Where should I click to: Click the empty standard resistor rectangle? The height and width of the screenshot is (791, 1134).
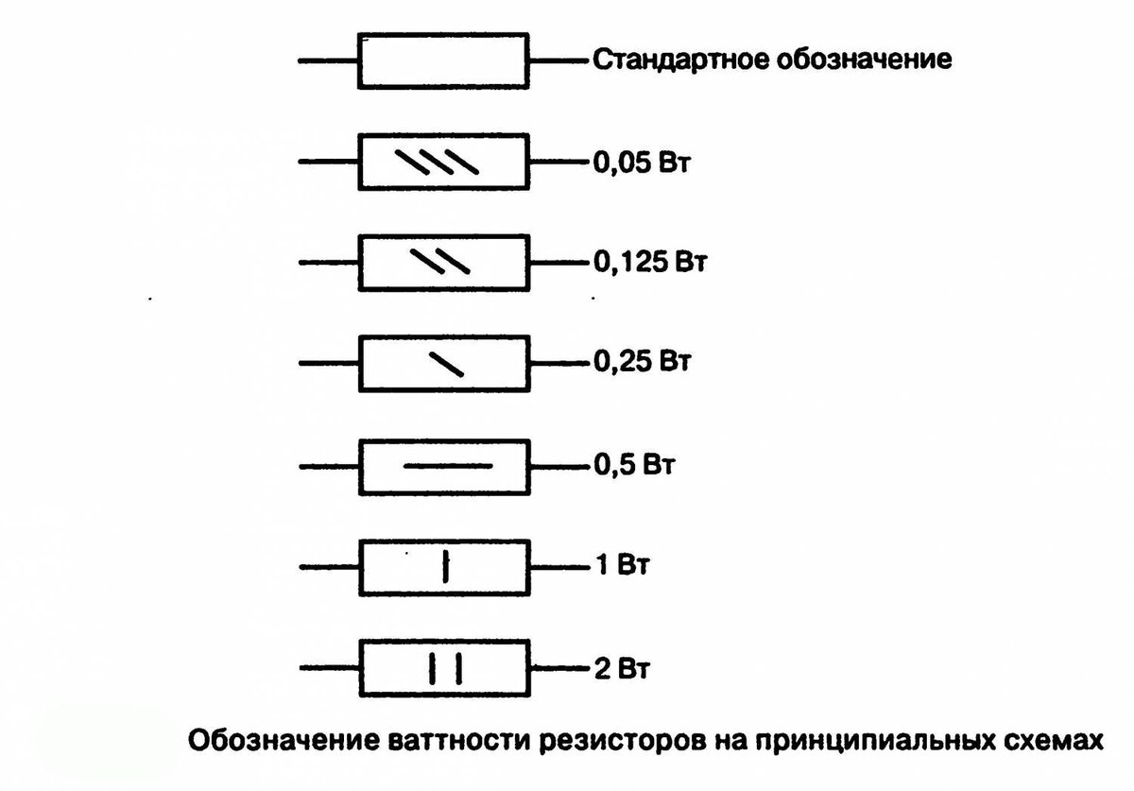pos(442,61)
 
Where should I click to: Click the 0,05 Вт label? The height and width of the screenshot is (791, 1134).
pos(642,163)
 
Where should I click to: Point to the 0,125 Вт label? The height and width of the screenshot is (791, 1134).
pos(650,262)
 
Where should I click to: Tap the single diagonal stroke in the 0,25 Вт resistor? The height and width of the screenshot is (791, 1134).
pos(446,364)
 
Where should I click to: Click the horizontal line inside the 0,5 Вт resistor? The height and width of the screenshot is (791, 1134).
pos(448,465)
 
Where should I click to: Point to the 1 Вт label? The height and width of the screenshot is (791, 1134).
pos(623,568)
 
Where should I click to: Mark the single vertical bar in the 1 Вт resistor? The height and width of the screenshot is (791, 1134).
pos(447,568)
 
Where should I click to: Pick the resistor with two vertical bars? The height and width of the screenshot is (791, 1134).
pos(442,669)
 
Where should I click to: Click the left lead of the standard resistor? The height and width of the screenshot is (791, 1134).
pos(328,62)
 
